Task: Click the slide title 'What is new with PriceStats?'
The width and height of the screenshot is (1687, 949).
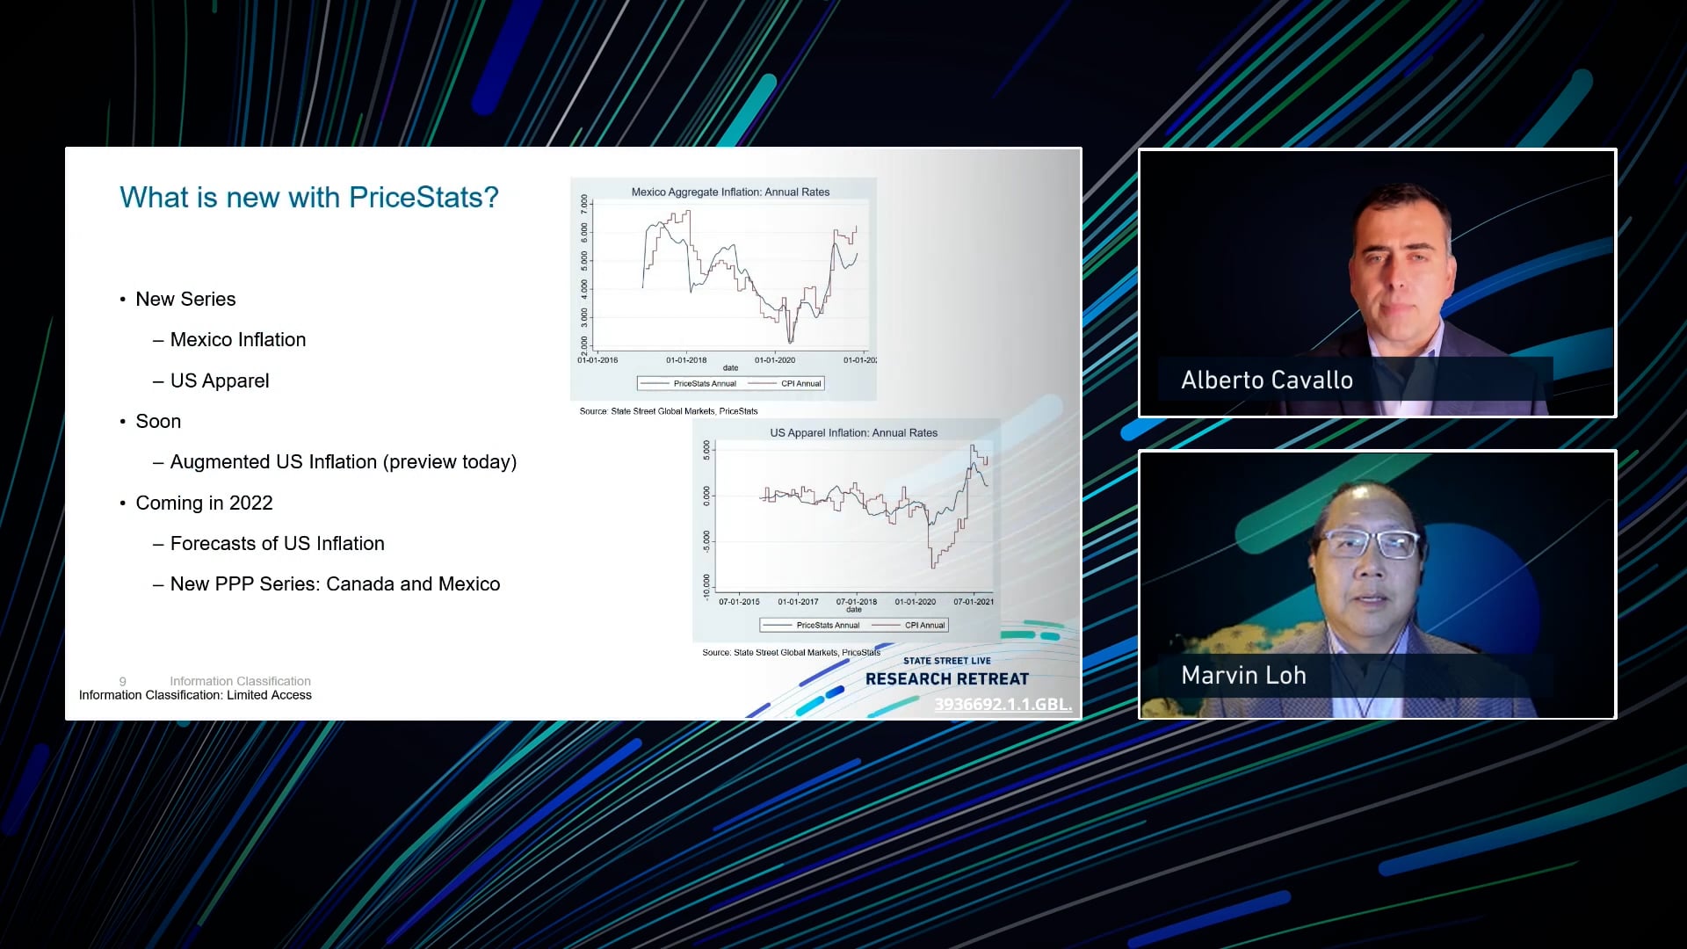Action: click(x=308, y=198)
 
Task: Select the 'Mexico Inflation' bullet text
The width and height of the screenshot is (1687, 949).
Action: click(x=237, y=340)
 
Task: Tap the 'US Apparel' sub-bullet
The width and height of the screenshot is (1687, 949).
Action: click(x=219, y=380)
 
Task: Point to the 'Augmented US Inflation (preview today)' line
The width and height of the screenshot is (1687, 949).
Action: click(x=343, y=462)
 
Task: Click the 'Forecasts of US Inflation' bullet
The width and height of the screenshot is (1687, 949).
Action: click(x=277, y=544)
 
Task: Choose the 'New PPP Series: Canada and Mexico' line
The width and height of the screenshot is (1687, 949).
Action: click(x=335, y=584)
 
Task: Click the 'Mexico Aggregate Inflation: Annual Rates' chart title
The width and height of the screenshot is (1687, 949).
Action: click(x=730, y=192)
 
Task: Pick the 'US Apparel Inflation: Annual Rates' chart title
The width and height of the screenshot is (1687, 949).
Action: click(x=853, y=432)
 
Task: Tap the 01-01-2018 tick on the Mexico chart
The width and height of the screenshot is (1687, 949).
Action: click(x=686, y=360)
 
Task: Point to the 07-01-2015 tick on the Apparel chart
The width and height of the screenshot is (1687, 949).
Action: click(x=739, y=602)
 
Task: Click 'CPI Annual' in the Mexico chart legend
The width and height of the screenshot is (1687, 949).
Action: click(x=800, y=383)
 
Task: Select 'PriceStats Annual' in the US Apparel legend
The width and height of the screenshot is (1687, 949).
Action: click(x=827, y=626)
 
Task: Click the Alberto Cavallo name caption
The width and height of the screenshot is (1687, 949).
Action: click(x=1266, y=380)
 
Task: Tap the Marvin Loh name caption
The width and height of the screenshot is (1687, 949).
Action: click(x=1243, y=676)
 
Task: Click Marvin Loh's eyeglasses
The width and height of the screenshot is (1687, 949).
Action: click(x=1371, y=544)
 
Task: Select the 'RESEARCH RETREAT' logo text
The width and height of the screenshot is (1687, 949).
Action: click(x=946, y=679)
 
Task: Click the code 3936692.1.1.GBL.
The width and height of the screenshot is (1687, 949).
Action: click(x=1003, y=704)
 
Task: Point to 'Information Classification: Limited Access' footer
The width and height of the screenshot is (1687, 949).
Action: click(x=195, y=695)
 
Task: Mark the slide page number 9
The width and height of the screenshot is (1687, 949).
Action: click(x=123, y=681)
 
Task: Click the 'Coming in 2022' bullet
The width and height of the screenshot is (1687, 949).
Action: click(x=204, y=503)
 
